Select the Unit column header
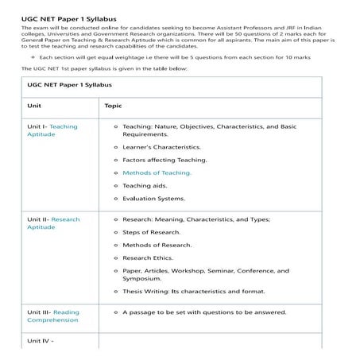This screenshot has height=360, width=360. [x=34, y=105]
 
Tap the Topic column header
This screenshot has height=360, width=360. [x=113, y=105]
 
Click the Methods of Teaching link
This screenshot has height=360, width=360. [x=157, y=172]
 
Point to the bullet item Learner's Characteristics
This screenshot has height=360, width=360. [x=161, y=147]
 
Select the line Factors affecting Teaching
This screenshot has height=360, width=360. [x=165, y=160]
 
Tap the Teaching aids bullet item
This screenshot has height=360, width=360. [x=147, y=185]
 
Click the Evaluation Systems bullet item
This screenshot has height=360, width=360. [x=153, y=198]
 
